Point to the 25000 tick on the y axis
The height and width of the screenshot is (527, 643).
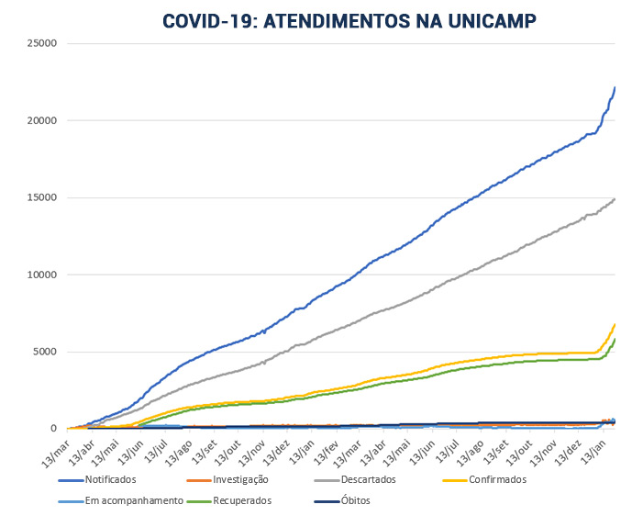[x=40, y=43]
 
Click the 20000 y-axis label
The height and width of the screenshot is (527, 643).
[x=40, y=120]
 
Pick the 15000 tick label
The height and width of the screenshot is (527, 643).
[x=40, y=197]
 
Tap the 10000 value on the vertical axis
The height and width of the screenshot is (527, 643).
[x=40, y=275]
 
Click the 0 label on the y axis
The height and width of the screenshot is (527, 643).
[x=54, y=429]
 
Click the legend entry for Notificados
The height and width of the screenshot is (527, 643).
[x=109, y=479]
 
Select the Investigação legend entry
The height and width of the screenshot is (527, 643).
[x=234, y=479]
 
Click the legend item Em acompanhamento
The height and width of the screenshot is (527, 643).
[x=135, y=501]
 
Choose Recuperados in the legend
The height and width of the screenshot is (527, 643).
[x=245, y=501]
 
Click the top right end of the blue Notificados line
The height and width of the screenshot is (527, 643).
[x=615, y=87]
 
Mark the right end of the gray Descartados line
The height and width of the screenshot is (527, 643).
[x=615, y=198]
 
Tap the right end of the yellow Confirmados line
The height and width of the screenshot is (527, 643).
[x=615, y=324]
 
